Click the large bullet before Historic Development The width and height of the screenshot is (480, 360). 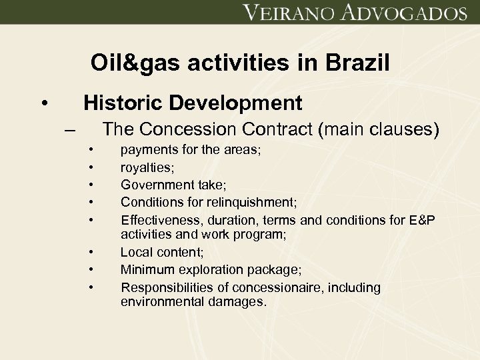[x=43, y=104]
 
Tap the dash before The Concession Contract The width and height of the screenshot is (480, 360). [x=71, y=129]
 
